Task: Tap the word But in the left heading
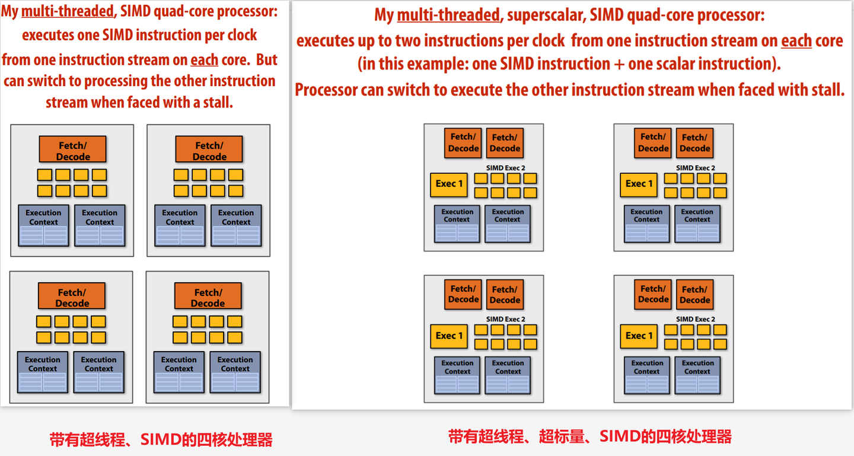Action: click(266, 59)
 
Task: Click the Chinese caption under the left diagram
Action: click(161, 439)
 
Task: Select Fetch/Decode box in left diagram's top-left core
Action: click(73, 151)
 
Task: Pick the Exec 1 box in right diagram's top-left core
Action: click(449, 184)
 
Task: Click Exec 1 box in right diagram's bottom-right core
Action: click(639, 336)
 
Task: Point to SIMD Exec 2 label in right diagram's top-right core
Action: click(695, 168)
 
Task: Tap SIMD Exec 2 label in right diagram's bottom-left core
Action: click(505, 319)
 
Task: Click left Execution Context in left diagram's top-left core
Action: click(43, 217)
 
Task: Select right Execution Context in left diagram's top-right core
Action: click(236, 217)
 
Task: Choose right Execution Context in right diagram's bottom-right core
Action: click(697, 367)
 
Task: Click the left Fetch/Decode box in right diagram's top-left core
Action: click(463, 143)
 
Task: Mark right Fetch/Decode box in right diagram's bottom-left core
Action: click(505, 295)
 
